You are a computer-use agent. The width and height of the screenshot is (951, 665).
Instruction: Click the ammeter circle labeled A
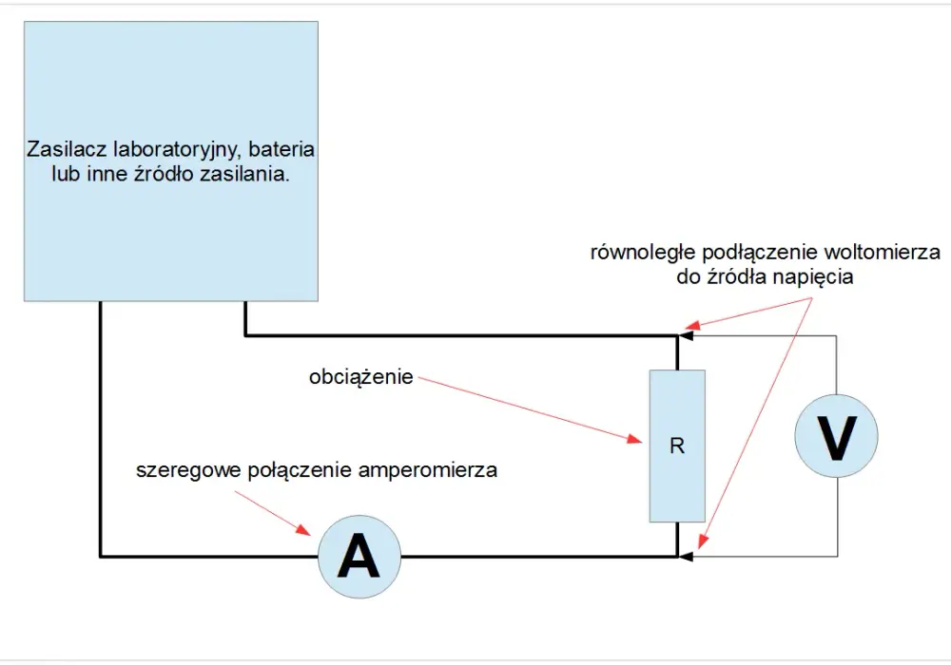pyautogui.click(x=359, y=557)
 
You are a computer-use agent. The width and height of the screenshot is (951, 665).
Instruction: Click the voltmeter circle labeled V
pyautogui.click(x=836, y=436)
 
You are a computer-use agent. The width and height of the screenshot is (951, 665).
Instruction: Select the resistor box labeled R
pyautogui.click(x=677, y=446)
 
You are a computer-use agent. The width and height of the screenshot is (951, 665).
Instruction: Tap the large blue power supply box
pyautogui.click(x=171, y=161)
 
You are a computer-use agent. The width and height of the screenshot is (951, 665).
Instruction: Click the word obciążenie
pyautogui.click(x=360, y=377)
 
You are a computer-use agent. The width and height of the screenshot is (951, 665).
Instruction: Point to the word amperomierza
pyautogui.click(x=428, y=470)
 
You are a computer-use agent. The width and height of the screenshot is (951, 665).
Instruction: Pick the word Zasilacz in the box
pyautogui.click(x=67, y=149)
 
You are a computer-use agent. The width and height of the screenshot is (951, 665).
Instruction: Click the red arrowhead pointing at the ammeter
pyautogui.click(x=304, y=529)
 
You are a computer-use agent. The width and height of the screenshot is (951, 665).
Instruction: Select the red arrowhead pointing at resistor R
pyautogui.click(x=635, y=439)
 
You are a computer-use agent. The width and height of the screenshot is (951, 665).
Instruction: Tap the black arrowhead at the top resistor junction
pyautogui.click(x=686, y=335)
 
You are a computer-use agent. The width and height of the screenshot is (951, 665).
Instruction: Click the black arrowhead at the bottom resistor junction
pyautogui.click(x=686, y=556)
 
